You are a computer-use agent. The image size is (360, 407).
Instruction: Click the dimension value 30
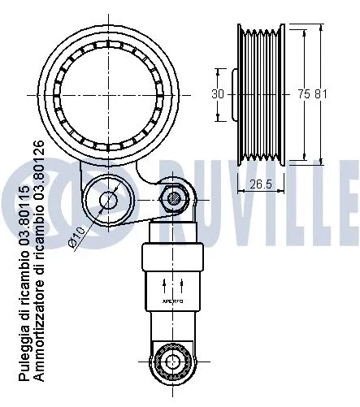[217, 93]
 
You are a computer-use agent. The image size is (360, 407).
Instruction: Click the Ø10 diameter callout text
[78, 235]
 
